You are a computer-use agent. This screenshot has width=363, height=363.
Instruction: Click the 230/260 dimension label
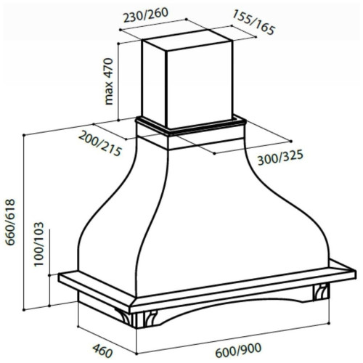click(x=146, y=15)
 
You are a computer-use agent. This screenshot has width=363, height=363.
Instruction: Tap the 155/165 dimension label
click(x=253, y=23)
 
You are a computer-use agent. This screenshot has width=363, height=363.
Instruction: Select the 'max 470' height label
click(x=108, y=81)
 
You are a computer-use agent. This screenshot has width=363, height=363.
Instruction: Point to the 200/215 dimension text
click(x=99, y=143)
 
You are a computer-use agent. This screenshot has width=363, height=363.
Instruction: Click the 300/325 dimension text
click(x=280, y=158)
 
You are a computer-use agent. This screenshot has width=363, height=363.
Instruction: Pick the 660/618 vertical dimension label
click(x=11, y=223)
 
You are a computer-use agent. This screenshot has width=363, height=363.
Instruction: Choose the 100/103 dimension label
click(x=38, y=245)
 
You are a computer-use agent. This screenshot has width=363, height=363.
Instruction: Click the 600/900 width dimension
click(x=238, y=350)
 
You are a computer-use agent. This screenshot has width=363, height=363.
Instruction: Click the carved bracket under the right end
click(x=321, y=292)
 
